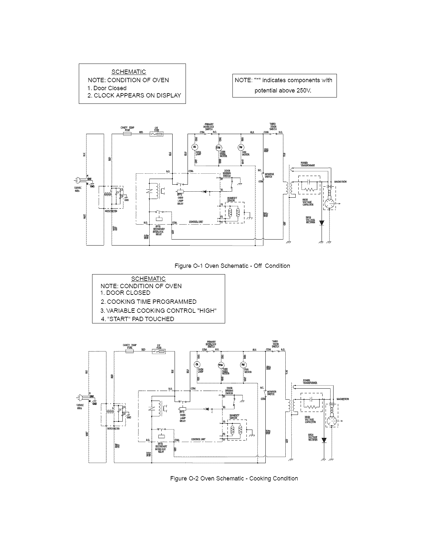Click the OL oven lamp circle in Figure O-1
pyautogui.click(x=195, y=147)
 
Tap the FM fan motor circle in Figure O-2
pyautogui.click(x=243, y=365)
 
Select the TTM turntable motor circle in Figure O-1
pyautogui.click(x=218, y=147)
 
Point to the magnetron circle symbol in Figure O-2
pyautogui.click(x=331, y=421)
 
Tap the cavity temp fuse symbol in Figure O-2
pyautogui.click(x=129, y=351)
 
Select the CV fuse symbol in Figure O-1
pyautogui.click(x=157, y=134)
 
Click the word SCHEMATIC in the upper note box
pyautogui.click(x=128, y=72)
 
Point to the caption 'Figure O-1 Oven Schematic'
pyautogui.click(x=213, y=266)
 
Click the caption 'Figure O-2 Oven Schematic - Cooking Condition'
pyautogui.click(x=234, y=478)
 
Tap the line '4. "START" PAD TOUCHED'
pyautogui.click(x=137, y=319)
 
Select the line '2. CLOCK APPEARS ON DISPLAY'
pyautogui.click(x=134, y=95)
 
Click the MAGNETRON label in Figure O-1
pyautogui.click(x=340, y=182)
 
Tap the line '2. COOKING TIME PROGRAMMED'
pyautogui.click(x=148, y=301)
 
